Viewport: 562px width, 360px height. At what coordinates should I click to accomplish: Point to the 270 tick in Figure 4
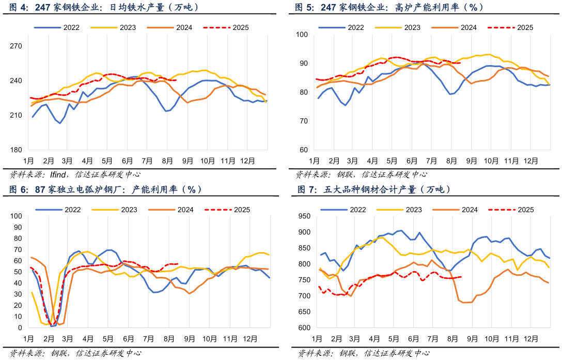click(15, 46)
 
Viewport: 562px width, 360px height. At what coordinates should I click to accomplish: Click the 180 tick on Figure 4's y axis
click(15, 150)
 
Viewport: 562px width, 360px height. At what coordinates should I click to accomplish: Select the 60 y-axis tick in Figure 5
click(304, 150)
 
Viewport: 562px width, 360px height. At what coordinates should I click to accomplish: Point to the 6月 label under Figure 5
click(412, 161)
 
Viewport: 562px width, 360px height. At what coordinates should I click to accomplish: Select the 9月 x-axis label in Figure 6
click(189, 339)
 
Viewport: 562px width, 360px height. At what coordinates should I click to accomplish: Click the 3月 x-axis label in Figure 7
click(355, 339)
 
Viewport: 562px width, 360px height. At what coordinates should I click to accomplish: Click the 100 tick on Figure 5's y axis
click(302, 35)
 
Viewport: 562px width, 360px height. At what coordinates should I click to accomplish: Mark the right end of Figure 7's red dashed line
click(461, 277)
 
